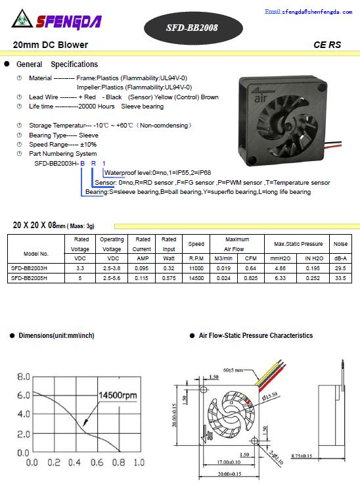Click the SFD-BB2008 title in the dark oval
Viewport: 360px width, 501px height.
tap(192, 28)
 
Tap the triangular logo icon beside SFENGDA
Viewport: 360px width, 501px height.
tap(22, 19)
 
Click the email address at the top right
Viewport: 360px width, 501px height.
tap(308, 12)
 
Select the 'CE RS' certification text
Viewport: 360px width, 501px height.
tap(327, 45)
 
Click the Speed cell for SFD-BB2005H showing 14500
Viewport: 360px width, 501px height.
tap(196, 278)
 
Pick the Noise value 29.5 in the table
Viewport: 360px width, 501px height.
tap(340, 268)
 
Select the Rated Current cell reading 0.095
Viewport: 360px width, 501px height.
tap(141, 268)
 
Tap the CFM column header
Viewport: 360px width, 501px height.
tap(250, 258)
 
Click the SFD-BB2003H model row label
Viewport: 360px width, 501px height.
tap(29, 268)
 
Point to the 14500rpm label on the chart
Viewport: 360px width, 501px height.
tap(118, 395)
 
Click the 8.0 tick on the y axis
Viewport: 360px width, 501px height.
tap(24, 377)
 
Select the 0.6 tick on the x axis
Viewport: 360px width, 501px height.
tap(97, 462)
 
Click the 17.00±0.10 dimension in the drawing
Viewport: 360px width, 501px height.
tap(229, 462)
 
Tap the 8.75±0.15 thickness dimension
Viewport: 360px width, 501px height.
tap(302, 456)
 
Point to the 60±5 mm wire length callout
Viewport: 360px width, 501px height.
tap(233, 370)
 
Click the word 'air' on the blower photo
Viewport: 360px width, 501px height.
tap(261, 98)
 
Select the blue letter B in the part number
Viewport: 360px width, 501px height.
tap(82, 163)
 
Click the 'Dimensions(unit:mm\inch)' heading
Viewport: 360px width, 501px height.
tap(56, 335)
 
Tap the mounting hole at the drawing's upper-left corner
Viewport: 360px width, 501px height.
tap(204, 389)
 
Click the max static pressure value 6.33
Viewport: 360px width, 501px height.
tap(281, 278)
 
